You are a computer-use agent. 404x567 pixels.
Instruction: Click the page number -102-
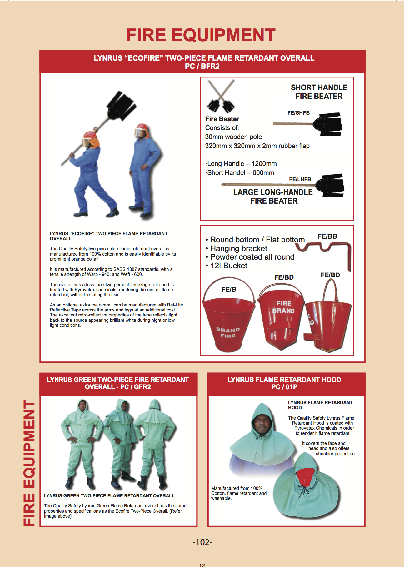(202, 542)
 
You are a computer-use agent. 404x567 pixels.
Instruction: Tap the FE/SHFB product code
(298, 113)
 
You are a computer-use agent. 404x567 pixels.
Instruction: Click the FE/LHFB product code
(300, 179)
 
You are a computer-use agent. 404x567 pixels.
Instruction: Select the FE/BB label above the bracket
(327, 236)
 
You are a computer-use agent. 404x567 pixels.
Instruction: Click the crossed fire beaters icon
(221, 96)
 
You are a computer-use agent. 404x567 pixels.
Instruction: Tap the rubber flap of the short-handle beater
(328, 124)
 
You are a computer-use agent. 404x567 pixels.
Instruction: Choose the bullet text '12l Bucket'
(228, 266)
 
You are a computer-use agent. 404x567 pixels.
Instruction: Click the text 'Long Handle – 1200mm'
(242, 164)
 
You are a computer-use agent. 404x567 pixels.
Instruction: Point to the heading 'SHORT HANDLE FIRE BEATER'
(319, 92)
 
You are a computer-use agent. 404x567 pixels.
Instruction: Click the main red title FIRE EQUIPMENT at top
(201, 35)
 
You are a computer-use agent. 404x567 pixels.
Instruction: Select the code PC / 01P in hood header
(284, 387)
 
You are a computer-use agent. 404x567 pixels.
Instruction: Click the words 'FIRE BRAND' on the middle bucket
(283, 307)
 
